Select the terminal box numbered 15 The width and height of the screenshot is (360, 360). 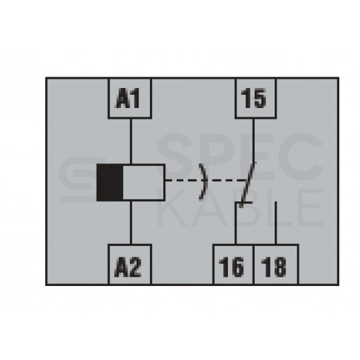256,99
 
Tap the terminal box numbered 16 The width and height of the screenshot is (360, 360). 233,265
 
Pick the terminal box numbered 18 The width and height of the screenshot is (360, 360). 276,265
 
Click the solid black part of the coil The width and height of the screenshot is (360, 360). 110,183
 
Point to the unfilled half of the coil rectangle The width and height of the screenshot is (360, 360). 144,183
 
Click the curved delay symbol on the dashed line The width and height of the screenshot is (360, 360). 204,181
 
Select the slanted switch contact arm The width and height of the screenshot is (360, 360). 248,185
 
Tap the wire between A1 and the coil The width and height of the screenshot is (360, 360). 131,141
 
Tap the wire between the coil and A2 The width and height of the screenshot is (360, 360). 131,223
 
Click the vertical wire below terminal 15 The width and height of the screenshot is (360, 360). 253,140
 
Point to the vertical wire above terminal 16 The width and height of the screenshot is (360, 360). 235,223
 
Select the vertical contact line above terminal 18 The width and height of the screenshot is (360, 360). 276,223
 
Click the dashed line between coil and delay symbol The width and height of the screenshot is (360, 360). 182,181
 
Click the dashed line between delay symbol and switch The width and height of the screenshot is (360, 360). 226,181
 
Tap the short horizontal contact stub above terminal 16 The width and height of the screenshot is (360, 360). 243,203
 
